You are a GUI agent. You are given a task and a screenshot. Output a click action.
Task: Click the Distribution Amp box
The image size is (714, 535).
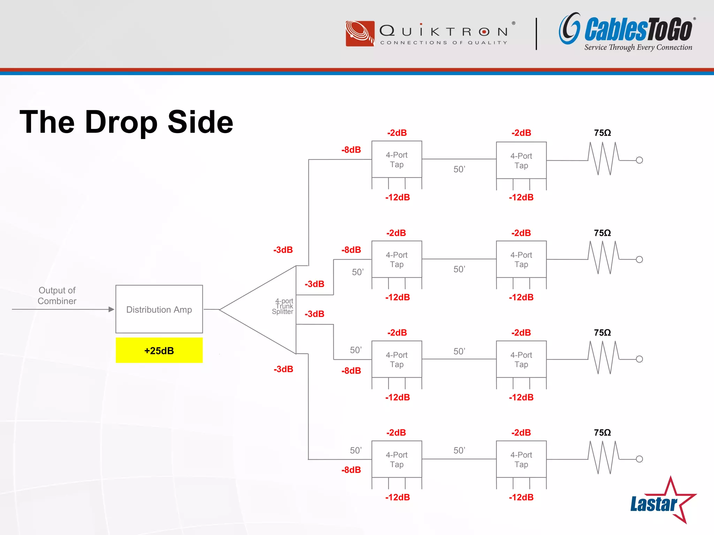tap(159, 309)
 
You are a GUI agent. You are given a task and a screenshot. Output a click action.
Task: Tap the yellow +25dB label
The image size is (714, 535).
tap(159, 350)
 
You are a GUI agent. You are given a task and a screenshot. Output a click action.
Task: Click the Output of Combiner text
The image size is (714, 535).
tap(57, 296)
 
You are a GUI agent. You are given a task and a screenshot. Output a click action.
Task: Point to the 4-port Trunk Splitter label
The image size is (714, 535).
tap(283, 306)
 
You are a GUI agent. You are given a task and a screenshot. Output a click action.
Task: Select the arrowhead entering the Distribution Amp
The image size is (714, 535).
tap(111, 309)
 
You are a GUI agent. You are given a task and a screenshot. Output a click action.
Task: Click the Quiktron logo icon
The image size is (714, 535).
tap(360, 33)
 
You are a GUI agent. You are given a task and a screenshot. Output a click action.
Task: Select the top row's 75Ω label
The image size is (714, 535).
tap(602, 133)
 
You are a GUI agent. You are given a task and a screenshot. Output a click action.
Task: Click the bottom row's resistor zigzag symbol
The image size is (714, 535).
tap(604, 458)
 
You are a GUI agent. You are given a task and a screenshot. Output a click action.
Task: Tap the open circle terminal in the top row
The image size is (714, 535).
tap(639, 160)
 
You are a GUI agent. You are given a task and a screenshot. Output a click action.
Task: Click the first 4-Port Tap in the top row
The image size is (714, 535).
tap(397, 160)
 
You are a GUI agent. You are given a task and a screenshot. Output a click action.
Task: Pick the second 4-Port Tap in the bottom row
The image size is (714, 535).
tap(521, 459)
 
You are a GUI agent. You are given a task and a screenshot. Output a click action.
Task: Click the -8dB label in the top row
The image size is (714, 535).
tap(351, 150)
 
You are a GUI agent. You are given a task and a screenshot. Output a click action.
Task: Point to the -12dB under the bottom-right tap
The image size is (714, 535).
tap(521, 497)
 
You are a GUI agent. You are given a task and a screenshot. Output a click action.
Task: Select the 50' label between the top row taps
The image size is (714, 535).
tap(459, 169)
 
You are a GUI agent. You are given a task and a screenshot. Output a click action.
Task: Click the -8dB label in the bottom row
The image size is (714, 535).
tap(351, 470)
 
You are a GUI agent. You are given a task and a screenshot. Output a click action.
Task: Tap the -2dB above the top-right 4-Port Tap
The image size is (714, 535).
tap(521, 133)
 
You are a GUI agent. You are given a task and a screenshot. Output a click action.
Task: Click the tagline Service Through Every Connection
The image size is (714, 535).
tap(638, 47)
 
